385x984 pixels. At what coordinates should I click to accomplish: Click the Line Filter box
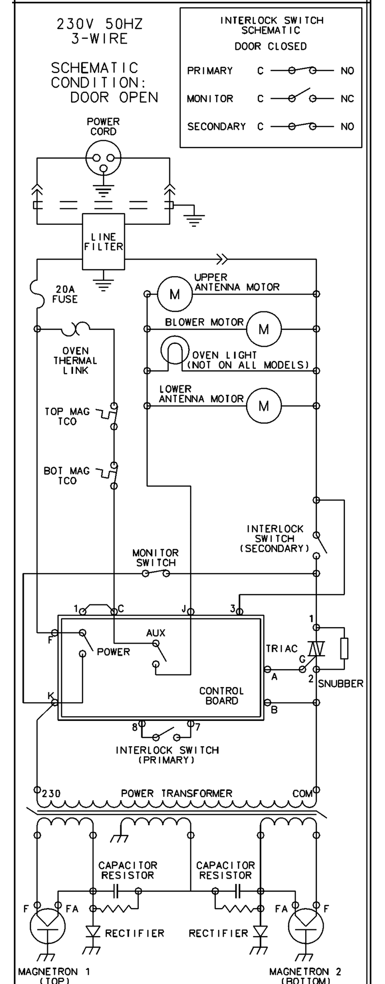(104, 242)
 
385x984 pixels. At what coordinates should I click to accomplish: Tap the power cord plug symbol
(104, 158)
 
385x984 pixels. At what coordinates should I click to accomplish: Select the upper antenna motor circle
(174, 294)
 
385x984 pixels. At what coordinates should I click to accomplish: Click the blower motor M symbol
(264, 329)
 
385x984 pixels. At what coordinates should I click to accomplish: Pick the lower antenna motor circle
(264, 406)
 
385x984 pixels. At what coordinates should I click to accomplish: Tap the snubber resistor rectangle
(344, 648)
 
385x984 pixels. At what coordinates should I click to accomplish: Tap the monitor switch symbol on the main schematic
(156, 573)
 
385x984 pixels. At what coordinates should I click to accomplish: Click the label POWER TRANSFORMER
(177, 793)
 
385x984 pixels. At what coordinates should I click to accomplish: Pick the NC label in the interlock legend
(347, 99)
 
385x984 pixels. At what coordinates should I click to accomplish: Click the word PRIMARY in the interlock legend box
(210, 71)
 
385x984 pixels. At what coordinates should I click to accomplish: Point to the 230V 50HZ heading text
(100, 24)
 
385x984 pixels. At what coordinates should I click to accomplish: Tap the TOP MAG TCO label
(67, 416)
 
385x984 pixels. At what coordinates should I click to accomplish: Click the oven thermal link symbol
(75, 328)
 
